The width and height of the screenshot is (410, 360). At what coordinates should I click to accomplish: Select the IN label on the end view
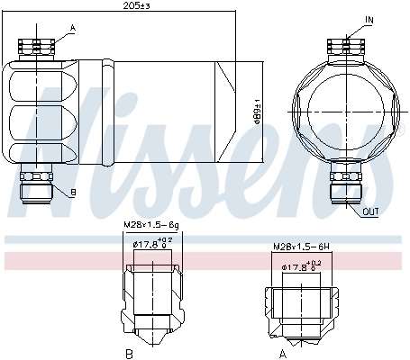tap(369, 18)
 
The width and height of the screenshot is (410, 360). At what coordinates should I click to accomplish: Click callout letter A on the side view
tap(72, 28)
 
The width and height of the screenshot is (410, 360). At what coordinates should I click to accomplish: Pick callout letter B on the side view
tap(73, 193)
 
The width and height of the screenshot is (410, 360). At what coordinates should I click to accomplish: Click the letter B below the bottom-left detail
tap(129, 353)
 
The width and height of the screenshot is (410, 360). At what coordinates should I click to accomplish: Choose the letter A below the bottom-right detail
tap(283, 353)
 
